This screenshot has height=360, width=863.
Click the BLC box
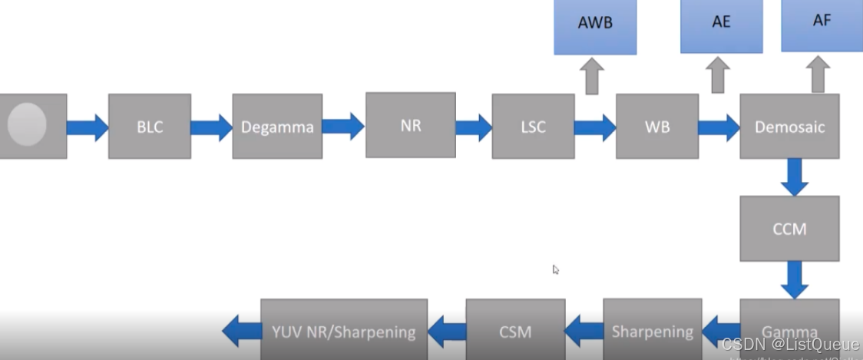[150, 126]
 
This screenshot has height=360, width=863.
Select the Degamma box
[277, 126]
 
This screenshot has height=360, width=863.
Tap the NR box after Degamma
[411, 125]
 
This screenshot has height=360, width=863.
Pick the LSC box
[533, 126]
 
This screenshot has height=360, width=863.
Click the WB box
[657, 126]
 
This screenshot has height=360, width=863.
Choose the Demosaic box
[789, 126]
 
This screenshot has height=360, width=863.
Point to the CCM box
[789, 228]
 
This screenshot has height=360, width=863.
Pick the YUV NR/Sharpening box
[344, 331]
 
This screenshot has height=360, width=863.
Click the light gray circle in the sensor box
[27, 125]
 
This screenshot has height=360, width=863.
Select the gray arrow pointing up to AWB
[592, 76]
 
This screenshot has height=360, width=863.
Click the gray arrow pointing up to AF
[818, 76]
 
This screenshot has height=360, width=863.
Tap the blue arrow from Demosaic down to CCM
[794, 177]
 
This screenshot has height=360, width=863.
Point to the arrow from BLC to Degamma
[211, 127]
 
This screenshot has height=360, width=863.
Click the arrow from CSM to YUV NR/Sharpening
[446, 332]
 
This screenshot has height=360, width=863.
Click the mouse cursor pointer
[556, 269]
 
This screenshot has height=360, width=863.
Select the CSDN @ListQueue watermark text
[790, 345]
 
